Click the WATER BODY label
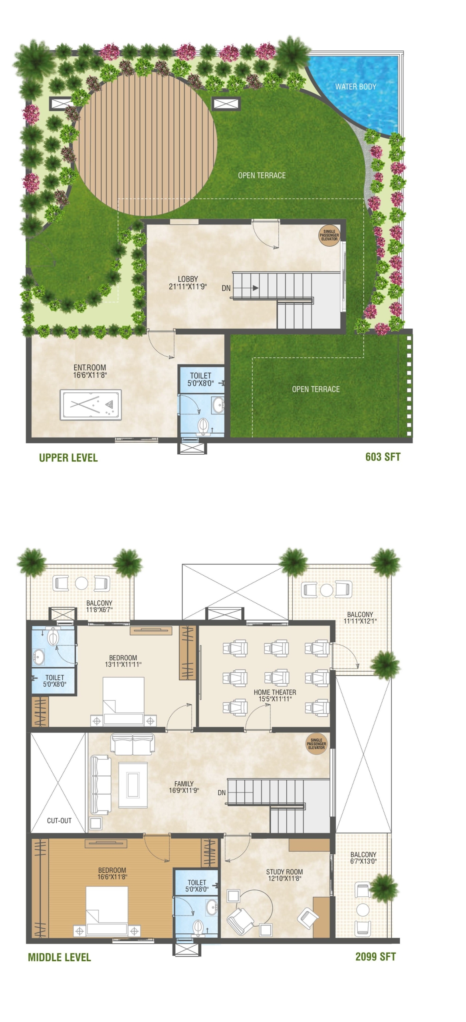pos(355,86)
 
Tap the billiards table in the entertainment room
pos(91,405)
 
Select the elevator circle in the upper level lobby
pos(329,235)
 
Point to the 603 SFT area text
pos(383,457)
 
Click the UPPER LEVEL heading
pos(68,458)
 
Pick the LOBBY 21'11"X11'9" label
pos(188,283)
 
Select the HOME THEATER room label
pos(275,695)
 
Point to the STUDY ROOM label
pos(284,875)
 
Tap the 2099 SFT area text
pos(375,957)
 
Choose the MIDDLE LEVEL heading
pos(59,957)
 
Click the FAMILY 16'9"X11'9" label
pos(184,786)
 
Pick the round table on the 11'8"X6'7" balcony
pos(81,583)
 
